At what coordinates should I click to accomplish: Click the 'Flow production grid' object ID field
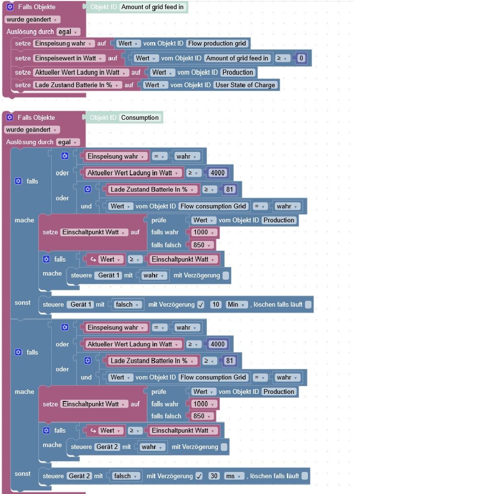pos(217,44)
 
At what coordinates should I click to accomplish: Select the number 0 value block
pos(301,58)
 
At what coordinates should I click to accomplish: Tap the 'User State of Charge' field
pos(245,85)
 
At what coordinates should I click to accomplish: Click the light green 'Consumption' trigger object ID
pos(139,118)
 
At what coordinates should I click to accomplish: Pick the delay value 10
pos(216,305)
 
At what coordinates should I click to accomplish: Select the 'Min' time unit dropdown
pos(237,305)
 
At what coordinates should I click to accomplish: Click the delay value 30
pos(215,476)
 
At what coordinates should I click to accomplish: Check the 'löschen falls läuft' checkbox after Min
pos(308,305)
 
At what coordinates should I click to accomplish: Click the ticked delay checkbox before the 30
pos(199,476)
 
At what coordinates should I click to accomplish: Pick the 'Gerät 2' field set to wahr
pos(107,447)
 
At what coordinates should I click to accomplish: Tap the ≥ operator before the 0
pos(283,58)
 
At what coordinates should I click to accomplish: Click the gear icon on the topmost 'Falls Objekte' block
pos(10,8)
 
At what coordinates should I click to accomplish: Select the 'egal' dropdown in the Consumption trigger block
pos(68,142)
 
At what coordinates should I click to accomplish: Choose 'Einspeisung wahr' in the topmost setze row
pos(64,44)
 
